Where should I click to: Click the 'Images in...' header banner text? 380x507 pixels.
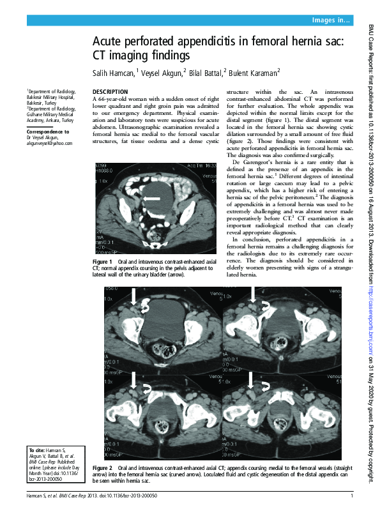click(x=331, y=21)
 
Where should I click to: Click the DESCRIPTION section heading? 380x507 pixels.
click(x=110, y=92)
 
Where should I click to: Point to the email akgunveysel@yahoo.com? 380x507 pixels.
click(x=49, y=144)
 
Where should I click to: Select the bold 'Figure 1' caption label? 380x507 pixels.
click(x=102, y=263)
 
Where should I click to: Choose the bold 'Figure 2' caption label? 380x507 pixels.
click(x=102, y=468)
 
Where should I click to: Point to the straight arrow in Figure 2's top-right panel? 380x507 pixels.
click(x=254, y=294)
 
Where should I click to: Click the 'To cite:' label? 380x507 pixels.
click(x=36, y=451)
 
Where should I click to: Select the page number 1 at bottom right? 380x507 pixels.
click(x=351, y=496)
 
